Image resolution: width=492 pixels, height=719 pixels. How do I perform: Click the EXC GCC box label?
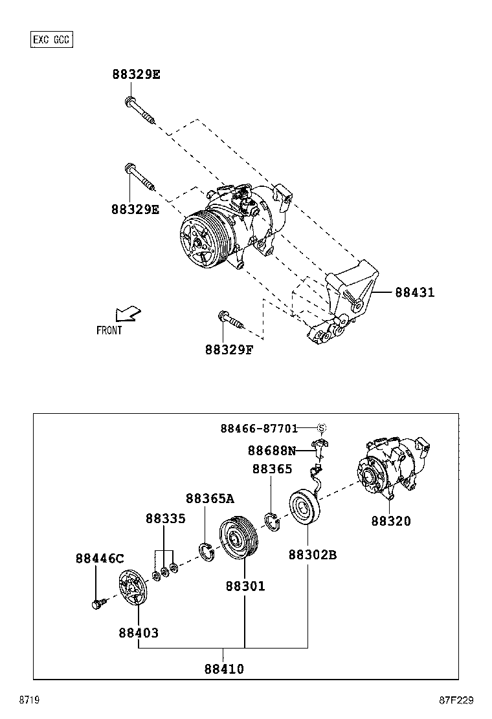pyautogui.click(x=52, y=40)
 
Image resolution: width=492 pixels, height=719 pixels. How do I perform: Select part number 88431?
pyautogui.click(x=414, y=293)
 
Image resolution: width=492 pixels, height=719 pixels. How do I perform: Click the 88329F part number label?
pyautogui.click(x=229, y=350)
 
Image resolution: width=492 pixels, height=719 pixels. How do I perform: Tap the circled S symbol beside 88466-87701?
pyautogui.click(x=322, y=428)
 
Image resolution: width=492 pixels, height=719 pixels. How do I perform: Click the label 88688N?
pyautogui.click(x=271, y=451)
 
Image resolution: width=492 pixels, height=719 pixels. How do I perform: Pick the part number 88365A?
pyautogui.click(x=210, y=499)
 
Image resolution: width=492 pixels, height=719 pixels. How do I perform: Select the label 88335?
pyautogui.click(x=165, y=519)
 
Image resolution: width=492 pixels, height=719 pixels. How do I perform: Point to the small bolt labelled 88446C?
pyautogui.click(x=97, y=605)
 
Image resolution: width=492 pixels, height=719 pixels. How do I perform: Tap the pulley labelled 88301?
pyautogui.click(x=237, y=537)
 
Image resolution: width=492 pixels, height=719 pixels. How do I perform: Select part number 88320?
pyautogui.click(x=390, y=521)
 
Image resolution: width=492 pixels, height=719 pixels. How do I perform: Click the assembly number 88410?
pyautogui.click(x=224, y=669)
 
